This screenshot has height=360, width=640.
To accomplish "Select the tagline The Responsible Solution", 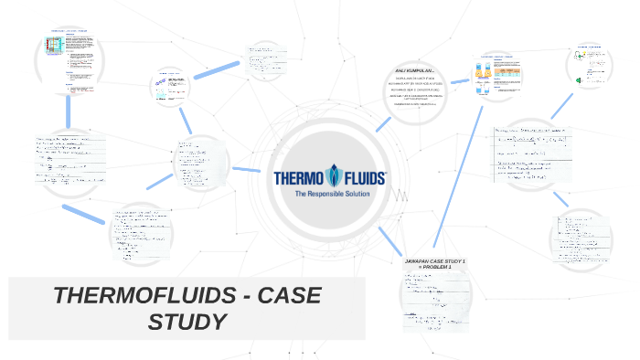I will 330,196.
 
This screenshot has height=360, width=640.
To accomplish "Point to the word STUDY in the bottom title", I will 187,322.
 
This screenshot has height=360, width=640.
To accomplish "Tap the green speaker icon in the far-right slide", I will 581,82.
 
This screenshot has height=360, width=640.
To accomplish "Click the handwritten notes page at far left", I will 69,162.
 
